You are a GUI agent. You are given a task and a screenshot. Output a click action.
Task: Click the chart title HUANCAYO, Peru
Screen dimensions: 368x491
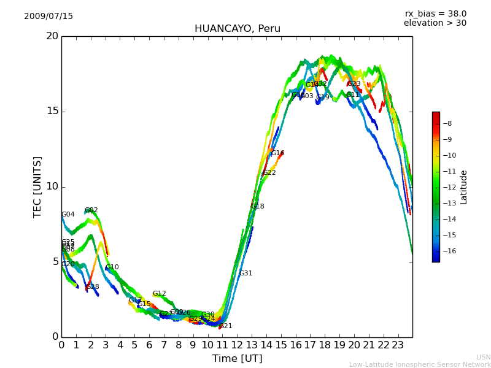point(237,29)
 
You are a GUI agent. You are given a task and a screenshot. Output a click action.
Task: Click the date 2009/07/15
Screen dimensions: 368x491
point(48,17)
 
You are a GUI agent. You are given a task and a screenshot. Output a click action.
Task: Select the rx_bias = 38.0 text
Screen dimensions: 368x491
point(435,14)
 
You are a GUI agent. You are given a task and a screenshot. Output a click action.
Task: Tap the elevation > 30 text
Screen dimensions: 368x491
point(435,23)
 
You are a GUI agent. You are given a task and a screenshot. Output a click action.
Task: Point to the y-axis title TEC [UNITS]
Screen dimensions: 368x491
point(37,186)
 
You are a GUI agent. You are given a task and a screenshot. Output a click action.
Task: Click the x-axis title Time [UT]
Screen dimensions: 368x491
point(237,359)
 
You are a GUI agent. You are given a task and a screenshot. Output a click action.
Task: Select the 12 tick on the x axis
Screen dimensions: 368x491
point(237,345)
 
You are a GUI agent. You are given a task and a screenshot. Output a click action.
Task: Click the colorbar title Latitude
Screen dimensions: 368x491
point(464,187)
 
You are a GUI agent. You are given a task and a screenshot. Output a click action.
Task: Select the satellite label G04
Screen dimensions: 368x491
point(68,215)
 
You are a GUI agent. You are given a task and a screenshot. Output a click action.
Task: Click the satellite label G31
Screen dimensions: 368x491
point(245,274)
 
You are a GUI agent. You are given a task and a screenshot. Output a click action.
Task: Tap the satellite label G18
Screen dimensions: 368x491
point(258,207)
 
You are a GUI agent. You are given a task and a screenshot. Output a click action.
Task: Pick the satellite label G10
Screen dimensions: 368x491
point(112,267)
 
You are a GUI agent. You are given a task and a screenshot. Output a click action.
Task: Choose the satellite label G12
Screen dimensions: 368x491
point(160,294)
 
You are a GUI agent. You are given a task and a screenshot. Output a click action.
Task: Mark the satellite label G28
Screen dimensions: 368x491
point(93,287)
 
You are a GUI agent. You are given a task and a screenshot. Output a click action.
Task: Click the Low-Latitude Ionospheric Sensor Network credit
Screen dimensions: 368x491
point(420,365)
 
